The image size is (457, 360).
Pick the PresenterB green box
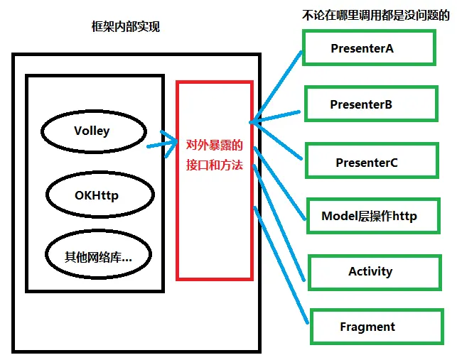[370, 104]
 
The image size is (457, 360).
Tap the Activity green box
[370, 271]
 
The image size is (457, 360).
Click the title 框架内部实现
[126, 27]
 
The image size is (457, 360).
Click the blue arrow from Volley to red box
[161, 143]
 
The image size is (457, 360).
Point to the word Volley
[92, 131]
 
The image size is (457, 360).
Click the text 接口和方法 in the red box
[214, 165]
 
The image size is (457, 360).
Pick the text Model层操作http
[370, 216]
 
